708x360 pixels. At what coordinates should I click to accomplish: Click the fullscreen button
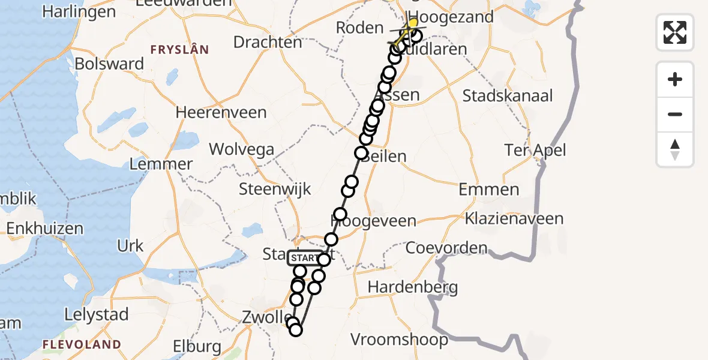(x=675, y=32)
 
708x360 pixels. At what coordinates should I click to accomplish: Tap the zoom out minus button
(x=675, y=114)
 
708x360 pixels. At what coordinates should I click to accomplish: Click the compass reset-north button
(x=675, y=149)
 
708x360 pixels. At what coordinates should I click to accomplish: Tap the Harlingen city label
(x=79, y=12)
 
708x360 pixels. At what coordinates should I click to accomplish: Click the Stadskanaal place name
(x=508, y=95)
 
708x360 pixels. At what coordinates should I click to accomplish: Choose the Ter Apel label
(x=536, y=150)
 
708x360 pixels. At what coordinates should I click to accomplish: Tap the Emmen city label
(x=489, y=190)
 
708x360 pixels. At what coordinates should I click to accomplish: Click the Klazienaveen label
(x=514, y=218)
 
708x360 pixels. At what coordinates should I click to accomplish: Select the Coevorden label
(x=446, y=247)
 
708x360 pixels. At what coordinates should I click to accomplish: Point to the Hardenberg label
(x=413, y=287)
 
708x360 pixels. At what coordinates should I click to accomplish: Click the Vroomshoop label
(x=399, y=340)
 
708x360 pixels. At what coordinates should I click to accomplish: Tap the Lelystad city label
(x=97, y=314)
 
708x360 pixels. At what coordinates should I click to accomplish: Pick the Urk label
(x=130, y=246)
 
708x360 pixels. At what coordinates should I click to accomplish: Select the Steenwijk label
(x=275, y=190)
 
